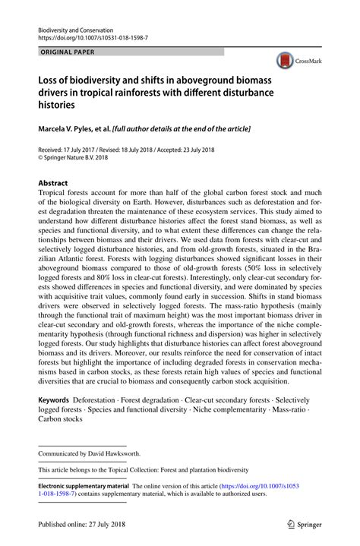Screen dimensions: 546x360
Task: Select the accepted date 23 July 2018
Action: [204, 151]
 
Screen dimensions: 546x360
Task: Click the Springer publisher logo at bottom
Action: [302, 524]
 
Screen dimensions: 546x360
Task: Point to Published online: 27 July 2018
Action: [82, 525]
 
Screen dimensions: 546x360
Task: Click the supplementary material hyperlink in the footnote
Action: [258, 486]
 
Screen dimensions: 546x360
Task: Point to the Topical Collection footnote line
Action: [144, 470]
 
